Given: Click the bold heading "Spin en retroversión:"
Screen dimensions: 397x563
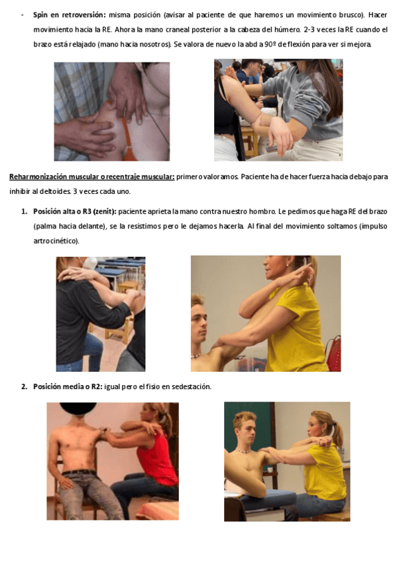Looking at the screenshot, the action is tap(70, 15).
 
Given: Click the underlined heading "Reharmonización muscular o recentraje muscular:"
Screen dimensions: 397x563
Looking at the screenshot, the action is tap(91, 177).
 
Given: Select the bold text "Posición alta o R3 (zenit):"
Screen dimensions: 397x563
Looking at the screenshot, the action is tap(75, 212).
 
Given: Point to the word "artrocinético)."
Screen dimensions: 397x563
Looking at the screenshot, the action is tap(56, 241).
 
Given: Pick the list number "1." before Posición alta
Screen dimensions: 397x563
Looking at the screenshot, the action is tap(25, 212).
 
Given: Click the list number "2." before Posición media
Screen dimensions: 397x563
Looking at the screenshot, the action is tap(25, 386).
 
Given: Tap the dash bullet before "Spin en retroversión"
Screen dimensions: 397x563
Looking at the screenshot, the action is tap(23, 15).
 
